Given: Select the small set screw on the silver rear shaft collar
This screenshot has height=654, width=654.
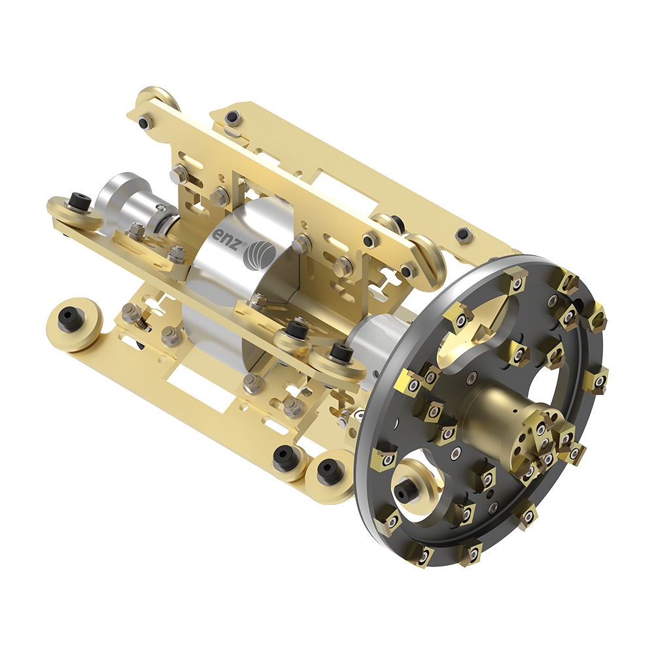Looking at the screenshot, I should tap(160, 208).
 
